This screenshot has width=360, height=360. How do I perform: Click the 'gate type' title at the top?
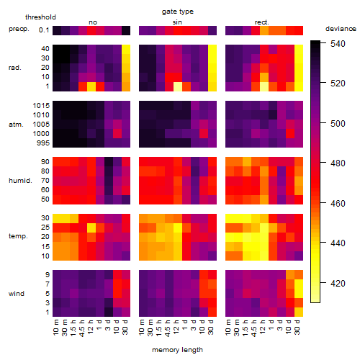pyautogui.click(x=178, y=12)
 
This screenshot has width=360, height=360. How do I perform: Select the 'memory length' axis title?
pyautogui.click(x=177, y=350)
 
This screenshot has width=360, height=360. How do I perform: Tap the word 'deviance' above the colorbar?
pyautogui.click(x=341, y=29)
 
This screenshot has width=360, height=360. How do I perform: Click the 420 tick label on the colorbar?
pyautogui.click(x=338, y=284)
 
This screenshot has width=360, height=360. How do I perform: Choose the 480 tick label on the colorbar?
pyautogui.click(x=338, y=163)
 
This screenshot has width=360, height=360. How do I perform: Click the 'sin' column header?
pyautogui.click(x=177, y=22)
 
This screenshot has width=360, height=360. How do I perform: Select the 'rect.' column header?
pyautogui.click(x=261, y=22)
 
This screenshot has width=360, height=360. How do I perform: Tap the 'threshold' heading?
pyautogui.click(x=40, y=17)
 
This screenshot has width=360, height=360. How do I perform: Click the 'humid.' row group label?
pyautogui.click(x=20, y=181)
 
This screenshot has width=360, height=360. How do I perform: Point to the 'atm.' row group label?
pyautogui.click(x=16, y=125)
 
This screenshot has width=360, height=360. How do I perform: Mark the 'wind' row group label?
pyautogui.click(x=17, y=294)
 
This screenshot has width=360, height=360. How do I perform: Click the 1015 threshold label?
pyautogui.click(x=41, y=106)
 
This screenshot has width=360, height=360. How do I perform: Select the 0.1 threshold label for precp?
pyautogui.click(x=44, y=30)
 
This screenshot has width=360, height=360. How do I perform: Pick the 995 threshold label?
pyautogui.click(x=43, y=143)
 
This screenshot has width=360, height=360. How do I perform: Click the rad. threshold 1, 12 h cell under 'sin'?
pyautogui.click(x=178, y=86)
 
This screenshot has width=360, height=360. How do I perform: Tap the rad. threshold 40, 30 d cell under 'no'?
pyautogui.click(x=126, y=49)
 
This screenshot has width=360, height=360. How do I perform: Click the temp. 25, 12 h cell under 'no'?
pyautogui.click(x=91, y=228)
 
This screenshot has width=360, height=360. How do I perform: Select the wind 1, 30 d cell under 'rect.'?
pyautogui.click(x=299, y=312)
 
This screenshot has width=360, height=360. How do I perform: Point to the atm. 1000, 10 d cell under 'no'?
pyautogui.click(x=117, y=134)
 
